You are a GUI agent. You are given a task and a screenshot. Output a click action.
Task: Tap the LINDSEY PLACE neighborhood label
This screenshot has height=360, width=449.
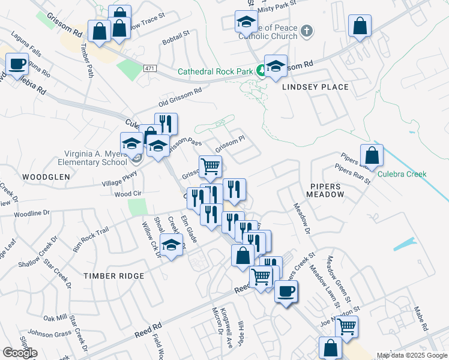click(315, 88)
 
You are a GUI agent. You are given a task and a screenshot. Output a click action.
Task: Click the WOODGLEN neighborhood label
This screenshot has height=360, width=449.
click(46, 178)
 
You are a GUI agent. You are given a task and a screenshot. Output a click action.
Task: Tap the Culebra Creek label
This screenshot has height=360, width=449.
click(402, 175)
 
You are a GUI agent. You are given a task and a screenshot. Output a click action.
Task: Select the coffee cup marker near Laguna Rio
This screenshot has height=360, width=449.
click(17, 64)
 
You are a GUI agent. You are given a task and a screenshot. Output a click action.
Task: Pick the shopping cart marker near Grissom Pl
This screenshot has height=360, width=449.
click(210, 166)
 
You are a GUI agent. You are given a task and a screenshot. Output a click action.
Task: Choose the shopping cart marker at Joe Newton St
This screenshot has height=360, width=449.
click(346, 326)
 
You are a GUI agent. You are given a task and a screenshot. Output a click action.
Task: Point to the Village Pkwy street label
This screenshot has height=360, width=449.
click(119, 179)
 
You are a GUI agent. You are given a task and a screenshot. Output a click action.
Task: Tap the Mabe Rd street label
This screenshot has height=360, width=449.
click(420, 319)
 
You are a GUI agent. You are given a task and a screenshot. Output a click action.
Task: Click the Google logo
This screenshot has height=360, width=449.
click(20, 353)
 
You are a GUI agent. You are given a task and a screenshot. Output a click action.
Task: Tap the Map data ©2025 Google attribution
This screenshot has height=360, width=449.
click(412, 355)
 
